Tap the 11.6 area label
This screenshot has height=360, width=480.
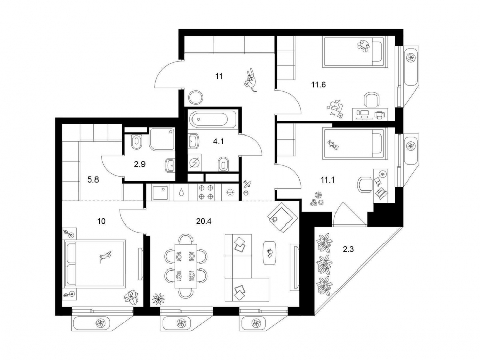point(318,85)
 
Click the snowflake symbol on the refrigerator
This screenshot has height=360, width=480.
point(230,193)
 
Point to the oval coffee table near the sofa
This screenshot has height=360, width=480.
point(270,252)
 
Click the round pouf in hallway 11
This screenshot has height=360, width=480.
point(196,96)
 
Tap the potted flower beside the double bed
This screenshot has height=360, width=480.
point(132,297)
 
